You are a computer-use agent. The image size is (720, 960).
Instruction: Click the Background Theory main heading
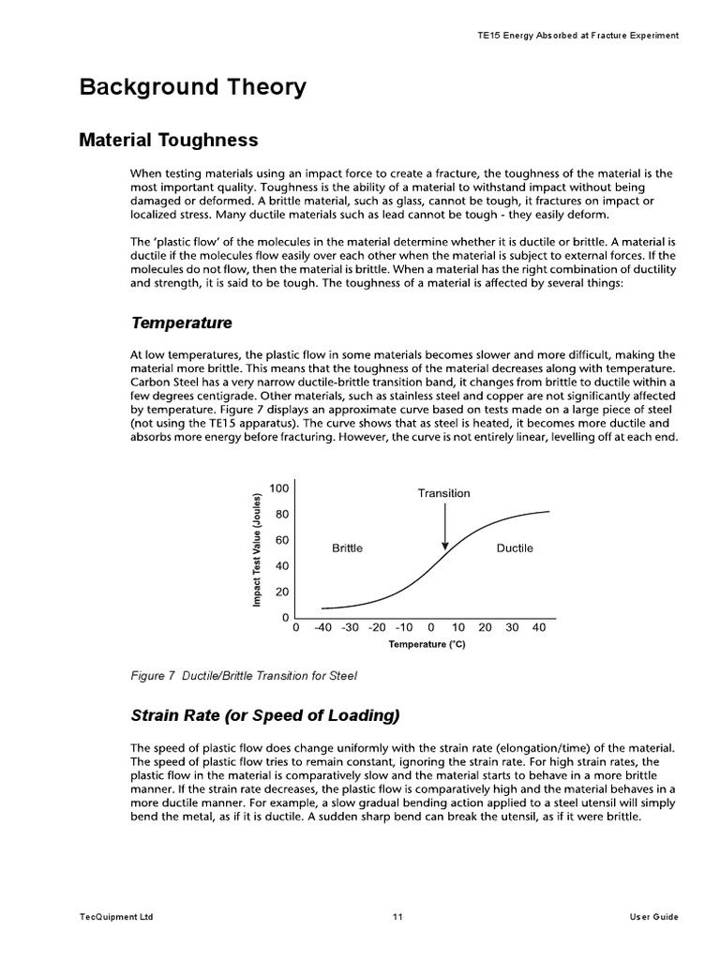[x=192, y=88]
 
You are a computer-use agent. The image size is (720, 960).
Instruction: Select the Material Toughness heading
[x=169, y=141]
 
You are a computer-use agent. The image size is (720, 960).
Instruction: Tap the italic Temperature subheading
[x=181, y=322]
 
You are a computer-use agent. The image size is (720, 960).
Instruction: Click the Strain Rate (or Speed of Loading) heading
[x=265, y=715]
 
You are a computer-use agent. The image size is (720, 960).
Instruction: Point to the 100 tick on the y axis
[x=279, y=488]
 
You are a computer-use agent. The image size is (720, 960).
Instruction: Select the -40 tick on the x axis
[x=323, y=628]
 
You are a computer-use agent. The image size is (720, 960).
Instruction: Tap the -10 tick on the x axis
[x=404, y=628]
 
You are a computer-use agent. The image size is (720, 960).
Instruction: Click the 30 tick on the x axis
[x=512, y=628]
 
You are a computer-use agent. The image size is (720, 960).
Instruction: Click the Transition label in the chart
[x=444, y=493]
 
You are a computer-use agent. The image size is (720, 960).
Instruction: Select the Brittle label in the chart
[x=347, y=548]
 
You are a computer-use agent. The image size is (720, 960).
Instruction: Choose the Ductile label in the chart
[x=514, y=548]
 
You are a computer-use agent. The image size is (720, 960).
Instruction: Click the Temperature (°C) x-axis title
[x=427, y=645]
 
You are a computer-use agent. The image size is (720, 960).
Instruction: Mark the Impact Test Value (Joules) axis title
[x=255, y=549]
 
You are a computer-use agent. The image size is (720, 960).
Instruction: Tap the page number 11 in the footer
[x=397, y=917]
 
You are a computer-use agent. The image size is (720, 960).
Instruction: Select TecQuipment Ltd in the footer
[x=117, y=917]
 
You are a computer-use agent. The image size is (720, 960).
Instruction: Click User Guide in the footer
[x=653, y=917]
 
